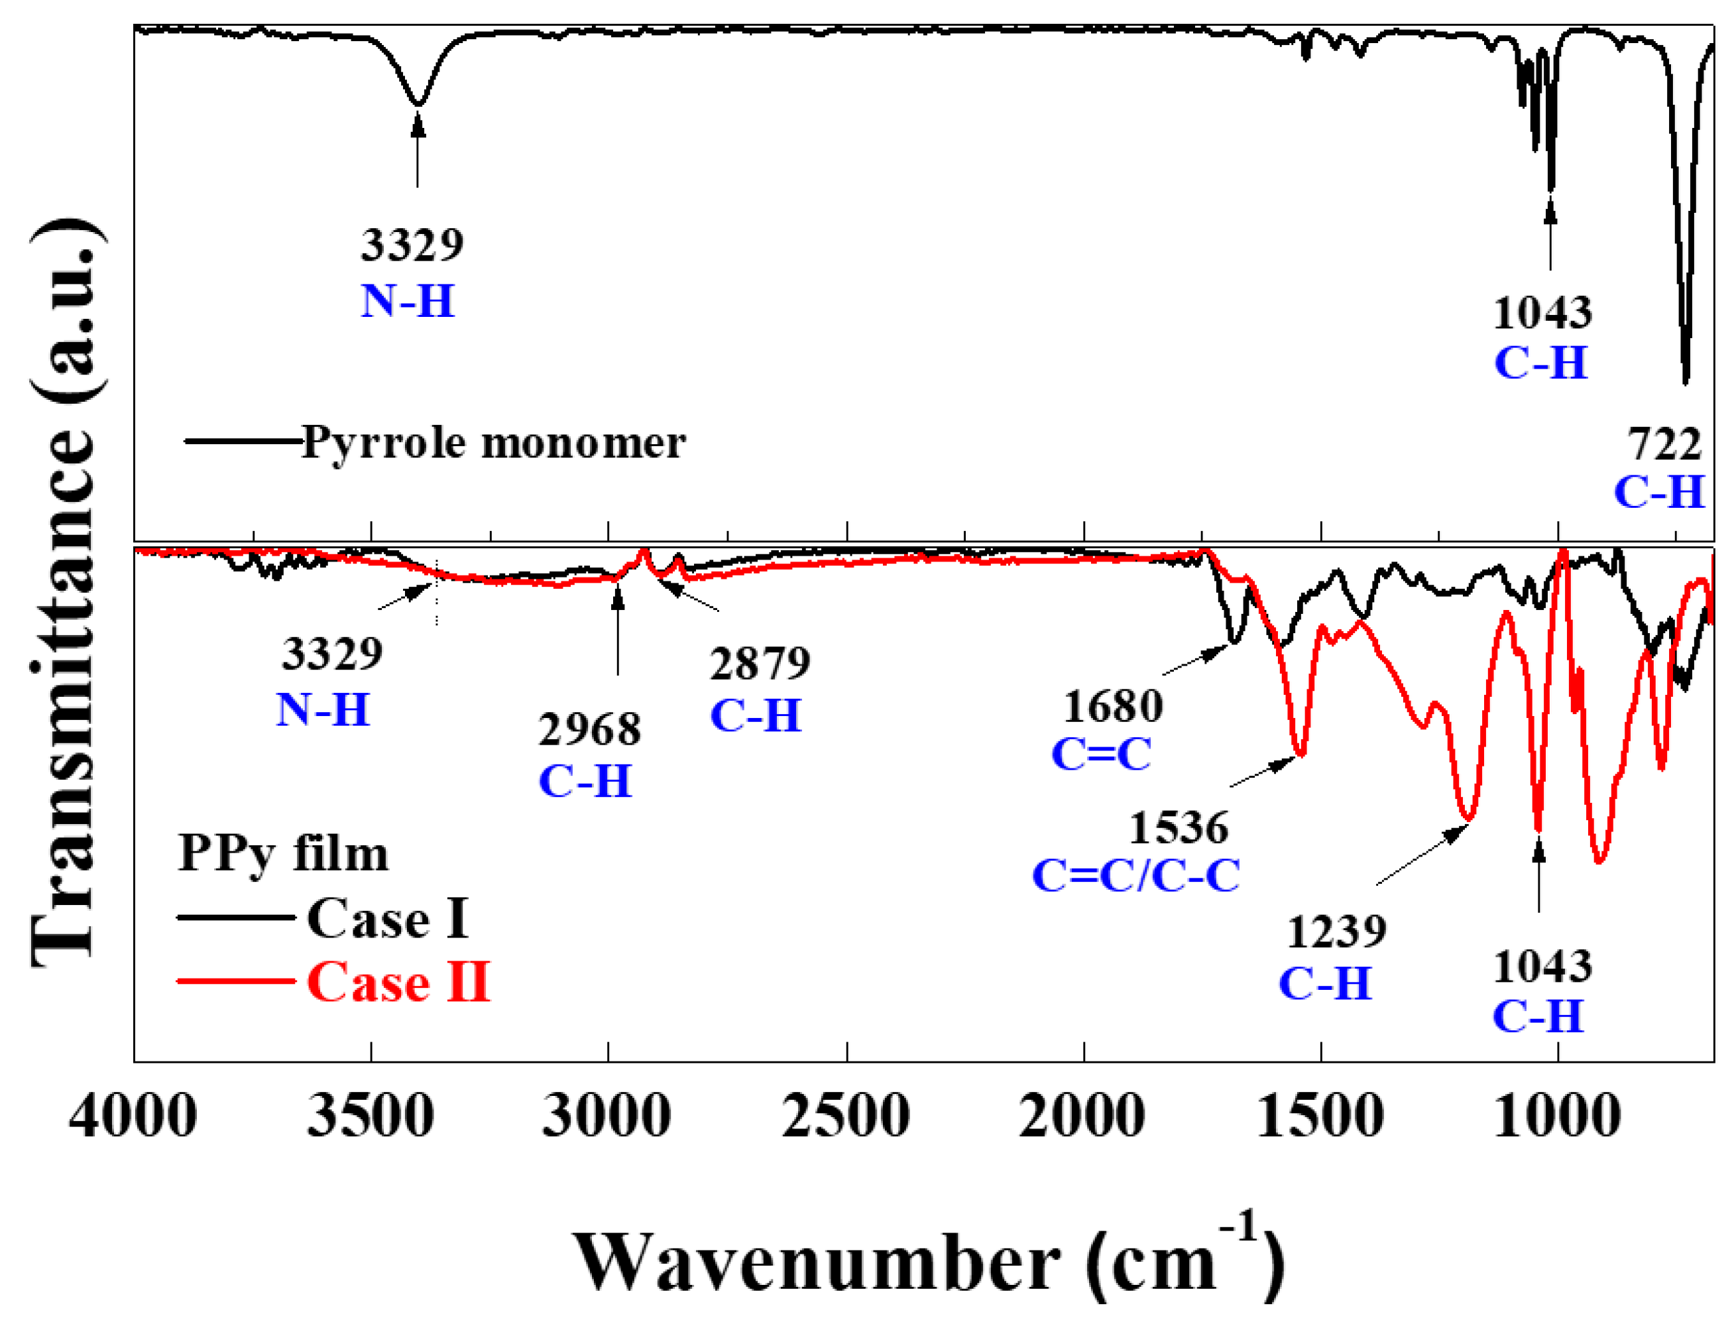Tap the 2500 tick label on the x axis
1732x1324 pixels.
[x=846, y=1116]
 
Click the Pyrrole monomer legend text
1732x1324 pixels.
[x=494, y=442]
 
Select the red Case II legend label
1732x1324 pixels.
[x=398, y=983]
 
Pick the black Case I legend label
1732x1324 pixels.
[x=388, y=919]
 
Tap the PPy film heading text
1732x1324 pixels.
[x=283, y=855]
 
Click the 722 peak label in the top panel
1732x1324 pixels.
[x=1664, y=446]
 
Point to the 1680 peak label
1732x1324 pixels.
[x=1113, y=707]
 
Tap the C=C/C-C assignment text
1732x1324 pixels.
[x=1135, y=876]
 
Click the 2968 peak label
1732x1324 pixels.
[x=589, y=731]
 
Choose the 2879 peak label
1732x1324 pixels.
[x=760, y=664]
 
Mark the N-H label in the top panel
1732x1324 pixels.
[x=408, y=302]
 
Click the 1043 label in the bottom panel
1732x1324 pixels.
[x=1541, y=968]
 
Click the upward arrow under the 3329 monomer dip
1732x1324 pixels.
[x=418, y=150]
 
